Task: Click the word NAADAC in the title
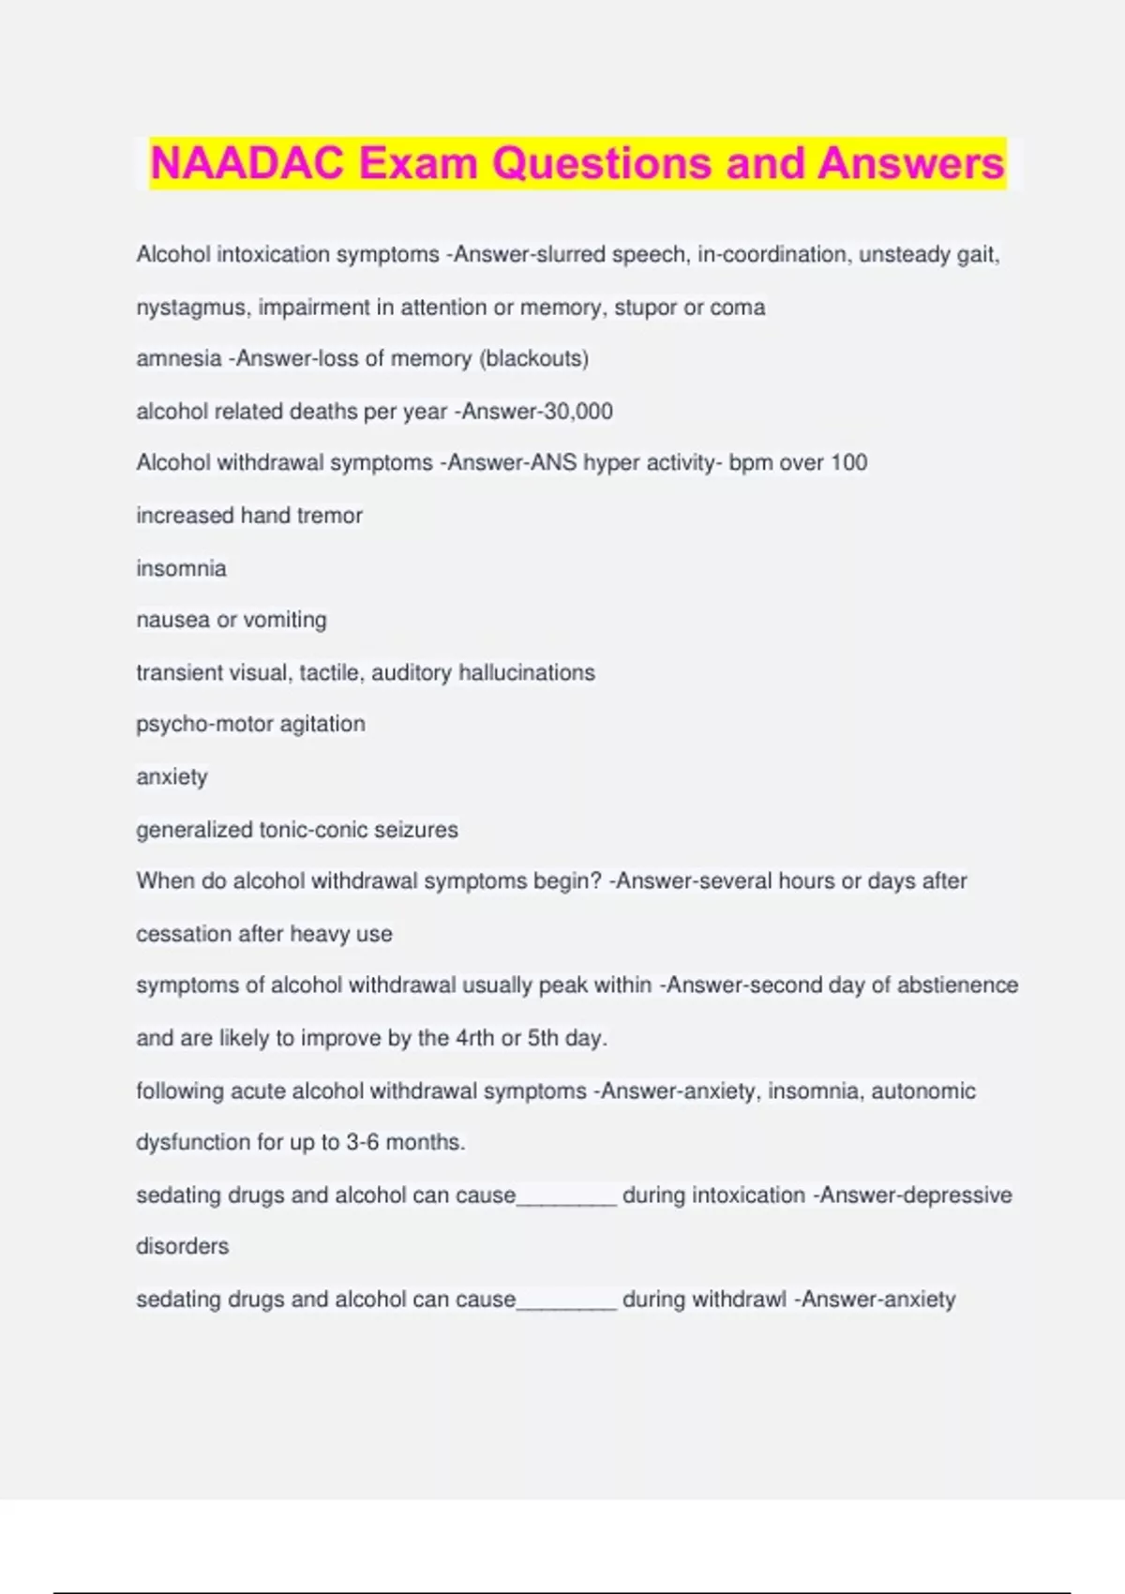click(247, 163)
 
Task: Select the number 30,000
click(578, 412)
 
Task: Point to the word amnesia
click(179, 358)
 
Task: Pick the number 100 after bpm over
click(848, 462)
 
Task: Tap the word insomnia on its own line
click(181, 568)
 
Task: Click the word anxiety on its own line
click(172, 777)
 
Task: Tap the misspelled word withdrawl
click(738, 1300)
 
